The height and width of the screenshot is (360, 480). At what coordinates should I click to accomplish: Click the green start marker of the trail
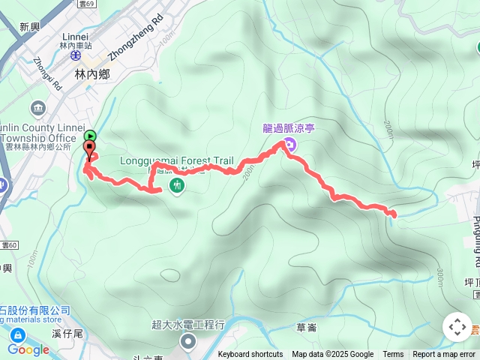pyautogui.click(x=90, y=136)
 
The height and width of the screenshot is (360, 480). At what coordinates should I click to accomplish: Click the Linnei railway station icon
pyautogui.click(x=75, y=54)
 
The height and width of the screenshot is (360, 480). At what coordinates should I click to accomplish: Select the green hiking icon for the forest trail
pyautogui.click(x=177, y=184)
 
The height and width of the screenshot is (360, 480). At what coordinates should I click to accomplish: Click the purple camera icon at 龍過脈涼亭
pyautogui.click(x=290, y=143)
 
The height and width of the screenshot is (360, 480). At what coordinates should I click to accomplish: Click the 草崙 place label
pyautogui.click(x=306, y=327)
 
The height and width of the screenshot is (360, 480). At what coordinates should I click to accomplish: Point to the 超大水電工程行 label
pyautogui.click(x=188, y=325)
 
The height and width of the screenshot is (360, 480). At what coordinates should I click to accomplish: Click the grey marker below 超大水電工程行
pyautogui.click(x=187, y=343)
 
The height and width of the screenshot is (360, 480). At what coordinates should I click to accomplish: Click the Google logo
pyautogui.click(x=28, y=349)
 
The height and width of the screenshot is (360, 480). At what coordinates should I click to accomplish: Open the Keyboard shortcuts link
pyautogui.click(x=250, y=355)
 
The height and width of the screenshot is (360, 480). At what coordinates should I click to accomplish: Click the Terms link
pyautogui.click(x=393, y=355)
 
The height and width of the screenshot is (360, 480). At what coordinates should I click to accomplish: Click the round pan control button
pyautogui.click(x=457, y=327)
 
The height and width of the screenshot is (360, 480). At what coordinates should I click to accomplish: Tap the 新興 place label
pyautogui.click(x=30, y=27)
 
